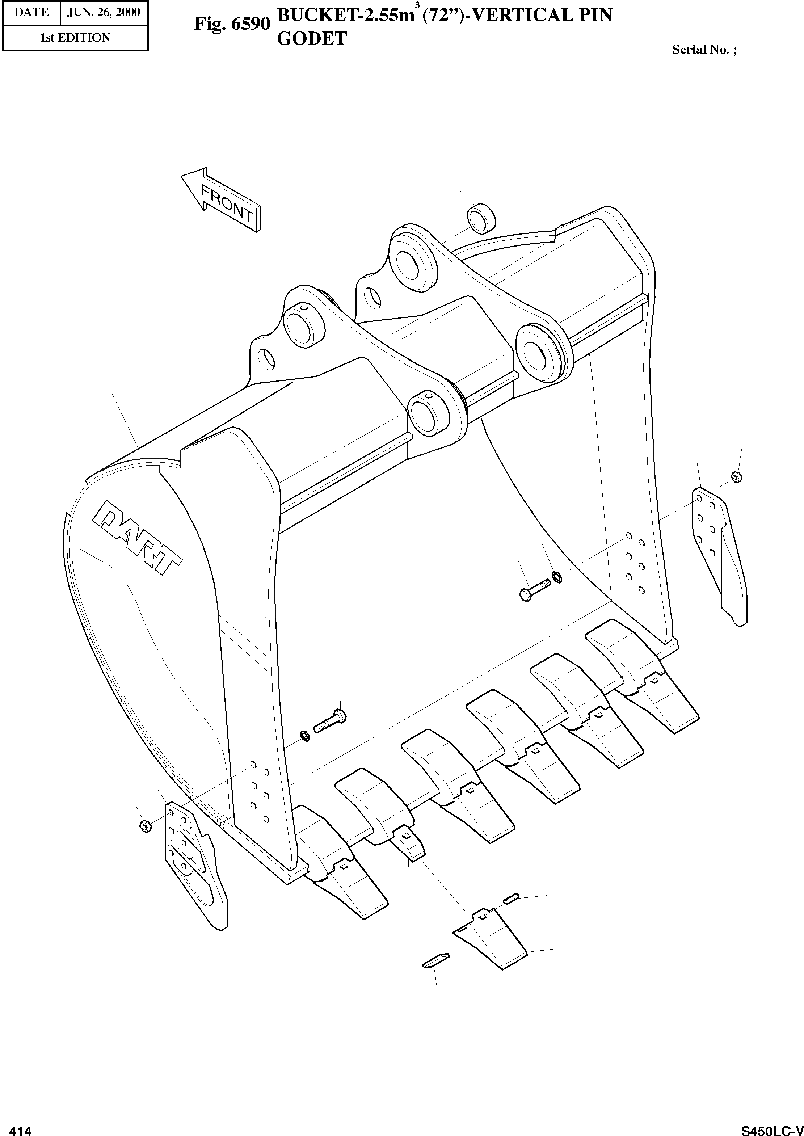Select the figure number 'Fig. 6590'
coord(232,23)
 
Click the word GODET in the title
coord(312,39)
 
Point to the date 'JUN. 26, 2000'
coord(104,12)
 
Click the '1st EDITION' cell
coord(75,38)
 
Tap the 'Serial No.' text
coord(703,50)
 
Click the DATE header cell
coord(31,12)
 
